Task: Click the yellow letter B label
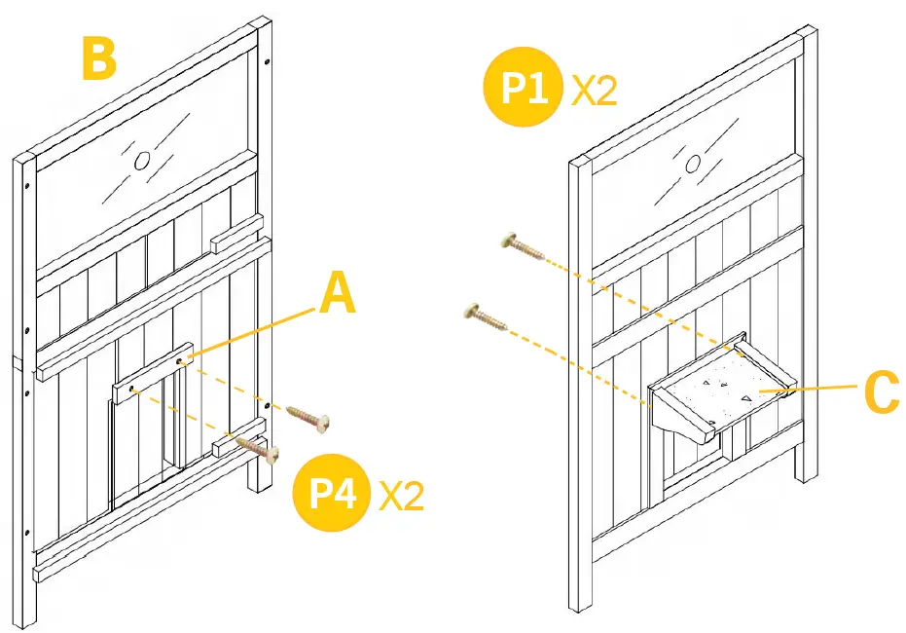[99, 60]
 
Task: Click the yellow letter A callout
[337, 294]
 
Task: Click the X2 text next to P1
[594, 92]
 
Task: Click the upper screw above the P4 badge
[309, 419]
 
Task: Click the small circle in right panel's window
[694, 165]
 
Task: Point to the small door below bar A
[146, 448]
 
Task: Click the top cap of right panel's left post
[580, 164]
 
